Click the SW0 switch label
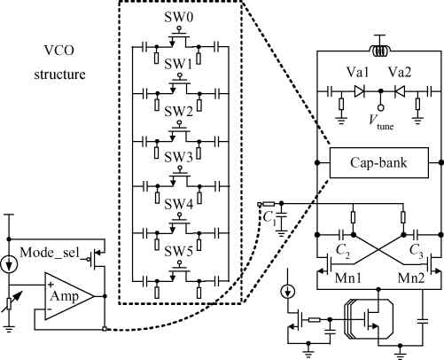click(178, 17)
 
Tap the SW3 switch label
click(178, 157)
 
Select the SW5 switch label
click(178, 251)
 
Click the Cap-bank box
click(379, 163)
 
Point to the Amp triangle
click(69, 296)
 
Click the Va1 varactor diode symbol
click(359, 92)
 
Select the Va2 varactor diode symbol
click(400, 92)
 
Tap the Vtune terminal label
click(381, 122)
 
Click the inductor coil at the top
click(380, 51)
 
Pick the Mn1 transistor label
click(348, 278)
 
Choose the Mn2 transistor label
click(411, 278)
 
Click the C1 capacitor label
click(269, 218)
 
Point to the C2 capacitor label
click(343, 251)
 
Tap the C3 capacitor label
click(417, 251)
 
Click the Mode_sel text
click(51, 253)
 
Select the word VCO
click(59, 51)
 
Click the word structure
click(59, 74)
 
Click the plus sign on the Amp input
click(51, 285)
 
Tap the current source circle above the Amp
click(9, 264)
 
